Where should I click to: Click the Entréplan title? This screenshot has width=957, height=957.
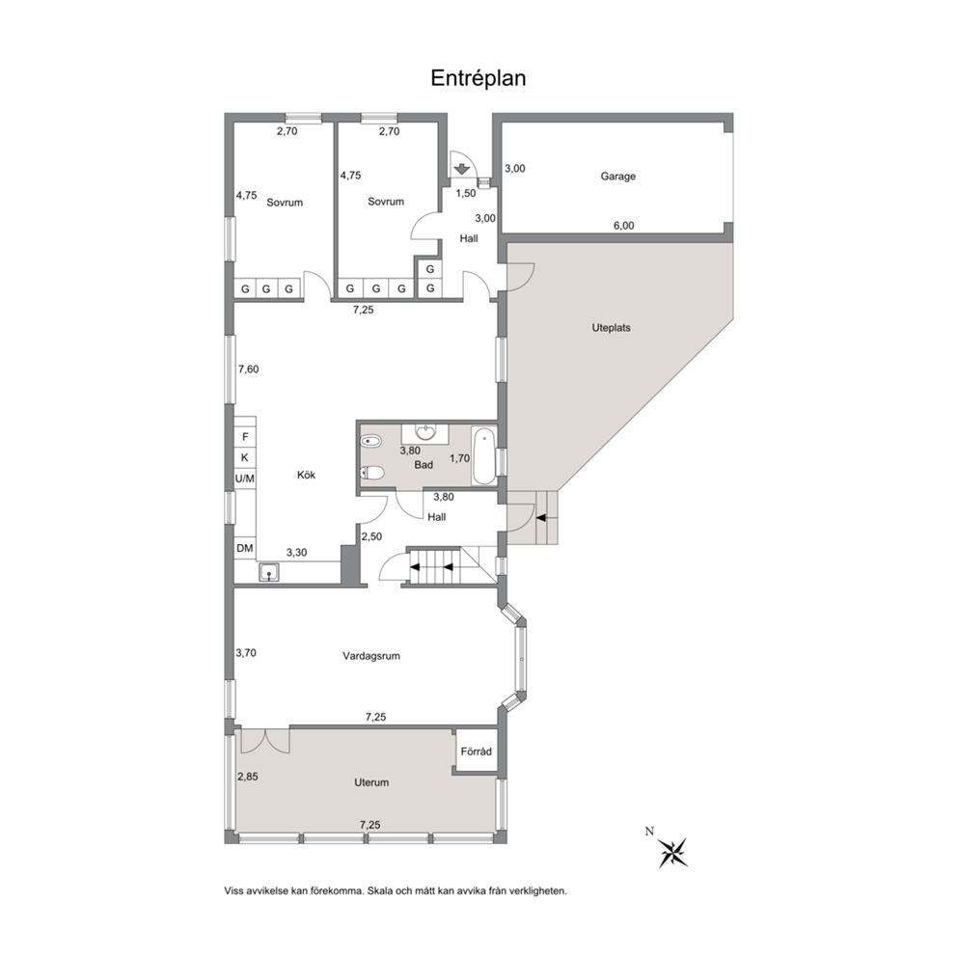[478, 78]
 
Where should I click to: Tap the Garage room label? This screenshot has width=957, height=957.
[617, 177]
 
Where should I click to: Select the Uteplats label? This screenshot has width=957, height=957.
[611, 328]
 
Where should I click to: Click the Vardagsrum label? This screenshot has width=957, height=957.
[371, 656]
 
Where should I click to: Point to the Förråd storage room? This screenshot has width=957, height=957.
[476, 751]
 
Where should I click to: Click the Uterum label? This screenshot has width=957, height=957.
[371, 782]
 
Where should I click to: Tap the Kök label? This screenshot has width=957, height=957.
[307, 475]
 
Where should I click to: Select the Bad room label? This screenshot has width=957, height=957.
[424, 465]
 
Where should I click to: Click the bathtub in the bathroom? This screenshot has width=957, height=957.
[484, 456]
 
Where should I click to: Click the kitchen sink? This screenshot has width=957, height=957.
[268, 572]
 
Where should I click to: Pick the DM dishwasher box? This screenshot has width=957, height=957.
[245, 549]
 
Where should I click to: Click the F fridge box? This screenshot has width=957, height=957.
[245, 437]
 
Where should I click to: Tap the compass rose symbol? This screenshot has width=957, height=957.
[673, 852]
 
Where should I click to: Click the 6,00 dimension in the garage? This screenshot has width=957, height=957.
[623, 226]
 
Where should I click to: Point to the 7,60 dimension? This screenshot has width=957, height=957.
[248, 369]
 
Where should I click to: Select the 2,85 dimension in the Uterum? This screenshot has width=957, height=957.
[248, 777]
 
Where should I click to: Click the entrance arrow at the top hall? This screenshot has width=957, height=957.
[462, 169]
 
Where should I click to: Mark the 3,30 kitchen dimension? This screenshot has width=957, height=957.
[296, 553]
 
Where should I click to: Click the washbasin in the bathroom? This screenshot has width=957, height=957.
[425, 433]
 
